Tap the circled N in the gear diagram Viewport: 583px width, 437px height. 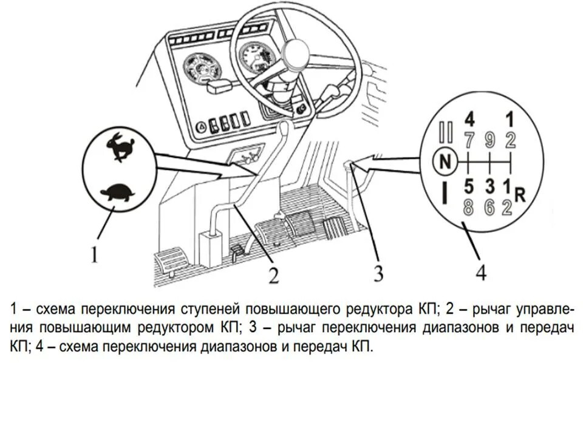[445, 161]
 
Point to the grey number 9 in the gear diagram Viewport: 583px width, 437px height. [490, 140]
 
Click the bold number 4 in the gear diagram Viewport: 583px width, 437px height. [468, 118]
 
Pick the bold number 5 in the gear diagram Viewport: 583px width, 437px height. [468, 185]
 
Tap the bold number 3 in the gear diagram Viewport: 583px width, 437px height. [490, 185]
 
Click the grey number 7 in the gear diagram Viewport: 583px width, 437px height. [468, 140]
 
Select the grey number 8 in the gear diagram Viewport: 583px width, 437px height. [468, 207]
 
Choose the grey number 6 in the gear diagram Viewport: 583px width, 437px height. [490, 207]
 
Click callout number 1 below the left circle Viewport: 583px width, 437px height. [95, 256]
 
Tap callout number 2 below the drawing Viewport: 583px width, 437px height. [274, 276]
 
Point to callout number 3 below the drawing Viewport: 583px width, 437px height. [378, 274]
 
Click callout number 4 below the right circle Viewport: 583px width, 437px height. [480, 274]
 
